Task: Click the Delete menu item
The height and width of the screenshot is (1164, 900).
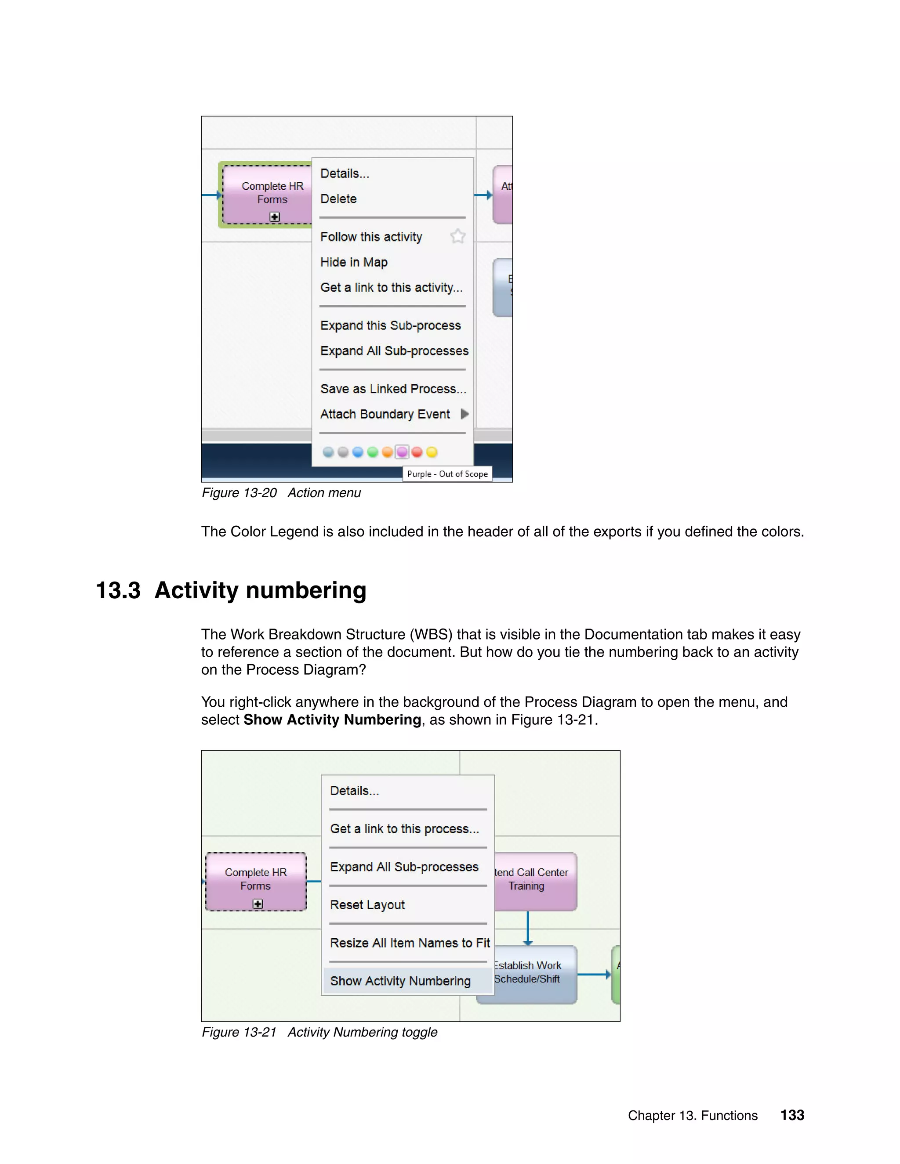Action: point(338,199)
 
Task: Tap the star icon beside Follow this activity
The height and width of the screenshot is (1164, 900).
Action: point(457,236)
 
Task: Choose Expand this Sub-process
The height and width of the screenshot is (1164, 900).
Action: point(390,325)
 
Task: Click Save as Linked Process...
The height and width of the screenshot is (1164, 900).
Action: point(393,389)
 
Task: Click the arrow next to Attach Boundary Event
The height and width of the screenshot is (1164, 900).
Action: point(465,414)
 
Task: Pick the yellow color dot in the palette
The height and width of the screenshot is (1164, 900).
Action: point(432,452)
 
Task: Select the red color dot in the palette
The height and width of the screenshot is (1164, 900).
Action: point(417,452)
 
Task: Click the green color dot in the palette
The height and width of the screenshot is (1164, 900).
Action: point(373,452)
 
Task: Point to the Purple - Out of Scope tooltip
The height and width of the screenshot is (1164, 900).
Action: point(447,474)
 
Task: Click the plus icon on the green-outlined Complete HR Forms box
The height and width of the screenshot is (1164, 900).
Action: point(275,217)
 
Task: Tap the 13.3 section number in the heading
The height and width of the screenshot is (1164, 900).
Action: point(118,590)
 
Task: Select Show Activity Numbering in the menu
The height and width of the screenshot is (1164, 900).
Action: point(400,981)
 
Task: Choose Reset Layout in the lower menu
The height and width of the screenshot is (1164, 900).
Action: point(367,905)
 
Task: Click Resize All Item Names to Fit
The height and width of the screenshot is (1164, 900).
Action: point(410,943)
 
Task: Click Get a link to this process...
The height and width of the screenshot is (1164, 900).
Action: point(404,829)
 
